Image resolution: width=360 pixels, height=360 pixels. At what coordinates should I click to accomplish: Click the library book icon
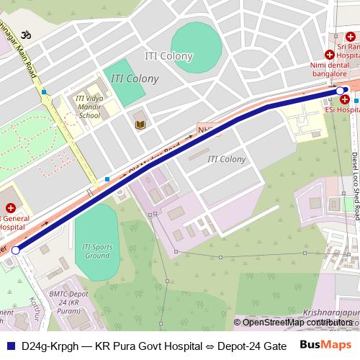[x=140, y=125]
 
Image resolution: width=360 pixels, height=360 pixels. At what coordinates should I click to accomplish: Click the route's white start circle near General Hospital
[x=16, y=250]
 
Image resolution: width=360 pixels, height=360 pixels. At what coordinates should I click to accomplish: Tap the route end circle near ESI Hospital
[x=341, y=90]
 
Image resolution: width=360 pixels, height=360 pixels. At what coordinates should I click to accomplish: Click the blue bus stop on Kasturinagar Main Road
[x=44, y=92]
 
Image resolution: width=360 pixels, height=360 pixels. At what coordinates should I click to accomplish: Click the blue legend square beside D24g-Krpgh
[x=9, y=345]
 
